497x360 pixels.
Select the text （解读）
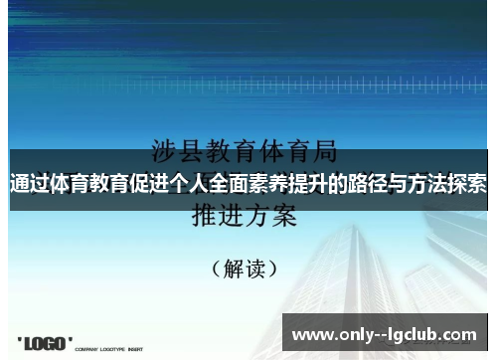pyautogui.click(x=245, y=269)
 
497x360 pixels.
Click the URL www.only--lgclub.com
pyautogui.click(x=385, y=335)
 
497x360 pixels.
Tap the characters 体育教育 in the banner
pyautogui.click(x=87, y=183)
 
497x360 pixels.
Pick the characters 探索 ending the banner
pyautogui.click(x=467, y=183)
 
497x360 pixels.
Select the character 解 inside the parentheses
pyautogui.click(x=233, y=269)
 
